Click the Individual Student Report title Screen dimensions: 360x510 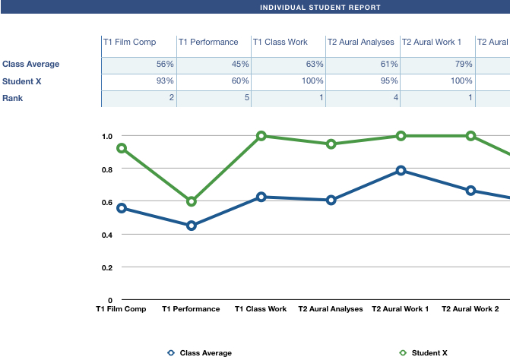[320, 8]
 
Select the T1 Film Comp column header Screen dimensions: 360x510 [129, 43]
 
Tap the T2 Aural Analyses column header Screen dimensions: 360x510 [360, 43]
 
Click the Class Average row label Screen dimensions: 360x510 [31, 65]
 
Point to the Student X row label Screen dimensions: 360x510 [22, 81]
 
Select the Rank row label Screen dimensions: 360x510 [13, 98]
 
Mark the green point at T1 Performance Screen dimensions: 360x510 [192, 202]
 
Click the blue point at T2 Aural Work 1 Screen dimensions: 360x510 [401, 170]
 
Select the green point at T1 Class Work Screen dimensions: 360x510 [261, 136]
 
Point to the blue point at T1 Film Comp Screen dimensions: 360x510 [122, 208]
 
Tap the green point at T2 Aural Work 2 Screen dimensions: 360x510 [471, 136]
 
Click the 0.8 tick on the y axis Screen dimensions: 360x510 [107, 169]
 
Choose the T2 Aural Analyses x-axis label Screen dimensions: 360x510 [331, 309]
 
